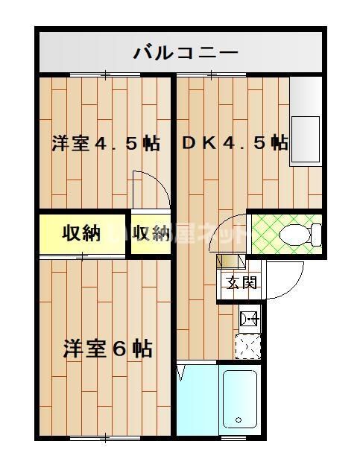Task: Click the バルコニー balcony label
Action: tap(186, 53)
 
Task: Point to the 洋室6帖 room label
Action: tap(107, 348)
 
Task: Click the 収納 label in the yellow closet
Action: tap(80, 234)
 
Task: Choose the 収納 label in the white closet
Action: tap(152, 234)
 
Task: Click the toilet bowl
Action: tap(297, 233)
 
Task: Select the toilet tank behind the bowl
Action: tap(316, 234)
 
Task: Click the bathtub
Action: tap(240, 399)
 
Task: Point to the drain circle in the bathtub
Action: tap(239, 421)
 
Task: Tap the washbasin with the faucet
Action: tap(248, 320)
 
